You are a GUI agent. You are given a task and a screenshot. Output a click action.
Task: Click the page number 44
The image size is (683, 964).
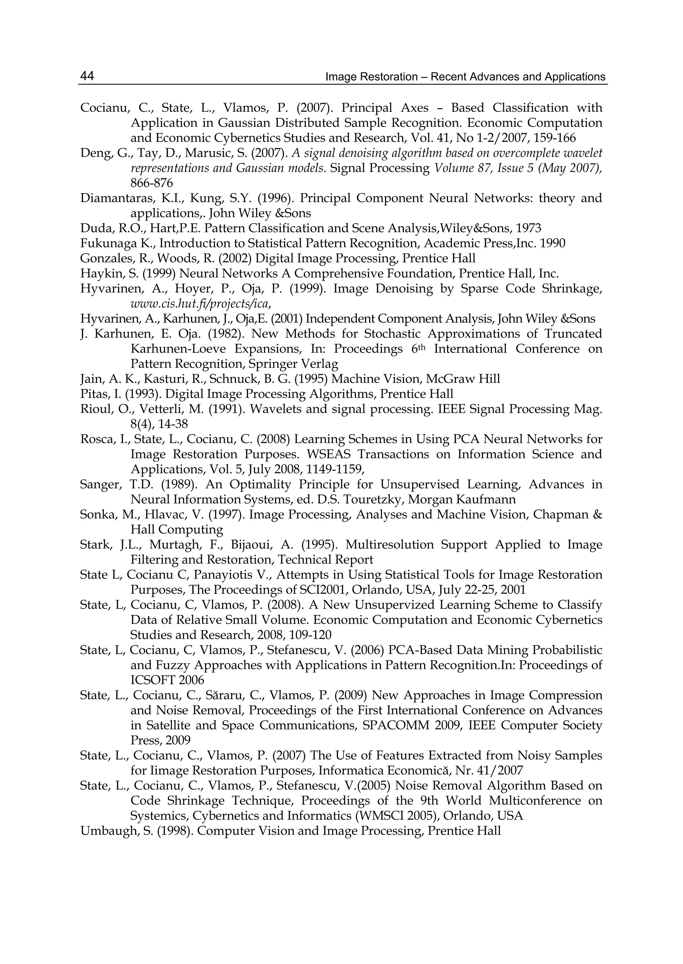[x=87, y=76]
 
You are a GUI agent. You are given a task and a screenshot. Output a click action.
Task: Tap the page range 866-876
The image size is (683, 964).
[x=151, y=183]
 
